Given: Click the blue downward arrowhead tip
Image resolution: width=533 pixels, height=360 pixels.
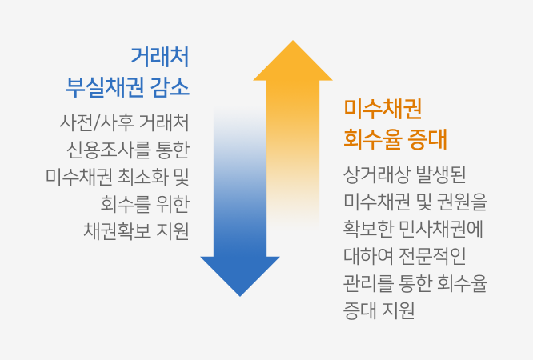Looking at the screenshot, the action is click(240, 296).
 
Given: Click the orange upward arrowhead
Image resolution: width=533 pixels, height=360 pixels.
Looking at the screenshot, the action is click(293, 61).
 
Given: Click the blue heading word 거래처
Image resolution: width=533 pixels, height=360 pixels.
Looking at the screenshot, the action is click(160, 57).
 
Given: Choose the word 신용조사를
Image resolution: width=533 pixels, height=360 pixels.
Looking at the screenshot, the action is click(108, 150).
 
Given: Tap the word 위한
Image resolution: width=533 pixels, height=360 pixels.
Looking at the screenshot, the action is click(173, 204).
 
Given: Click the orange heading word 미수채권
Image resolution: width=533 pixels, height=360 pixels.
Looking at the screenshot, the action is click(383, 109).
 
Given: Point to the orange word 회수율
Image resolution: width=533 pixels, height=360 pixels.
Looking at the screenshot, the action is click(373, 139).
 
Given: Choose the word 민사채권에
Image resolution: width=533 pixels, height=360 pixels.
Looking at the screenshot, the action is click(440, 229).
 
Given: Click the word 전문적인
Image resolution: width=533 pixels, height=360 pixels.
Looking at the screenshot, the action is click(432, 256).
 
